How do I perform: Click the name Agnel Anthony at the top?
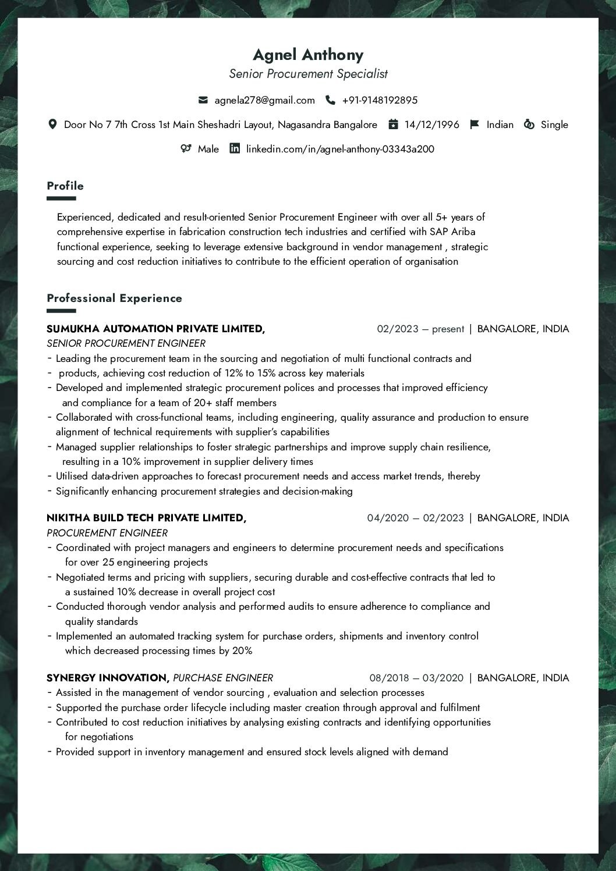click(x=308, y=55)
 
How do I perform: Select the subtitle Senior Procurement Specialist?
click(x=308, y=74)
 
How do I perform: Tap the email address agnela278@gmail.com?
click(x=264, y=100)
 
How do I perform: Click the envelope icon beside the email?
click(x=203, y=100)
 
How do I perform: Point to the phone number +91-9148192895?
click(x=380, y=100)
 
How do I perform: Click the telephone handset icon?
click(x=330, y=100)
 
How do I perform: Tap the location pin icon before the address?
click(x=52, y=125)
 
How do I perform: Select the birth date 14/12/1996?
click(x=431, y=125)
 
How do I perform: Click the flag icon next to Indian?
click(x=475, y=125)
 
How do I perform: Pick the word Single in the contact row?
click(x=554, y=125)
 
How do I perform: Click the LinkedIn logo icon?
click(x=235, y=148)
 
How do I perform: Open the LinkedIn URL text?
click(x=340, y=149)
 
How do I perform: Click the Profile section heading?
click(x=65, y=186)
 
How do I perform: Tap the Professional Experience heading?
click(x=114, y=298)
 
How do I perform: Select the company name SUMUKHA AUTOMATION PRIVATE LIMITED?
click(x=155, y=329)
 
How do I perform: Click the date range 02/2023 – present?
click(x=420, y=329)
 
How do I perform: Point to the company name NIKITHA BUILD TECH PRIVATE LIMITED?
click(x=146, y=518)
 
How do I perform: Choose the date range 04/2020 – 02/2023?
click(x=415, y=518)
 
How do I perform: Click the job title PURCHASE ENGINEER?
click(x=223, y=678)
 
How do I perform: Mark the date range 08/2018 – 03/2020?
click(x=416, y=678)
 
